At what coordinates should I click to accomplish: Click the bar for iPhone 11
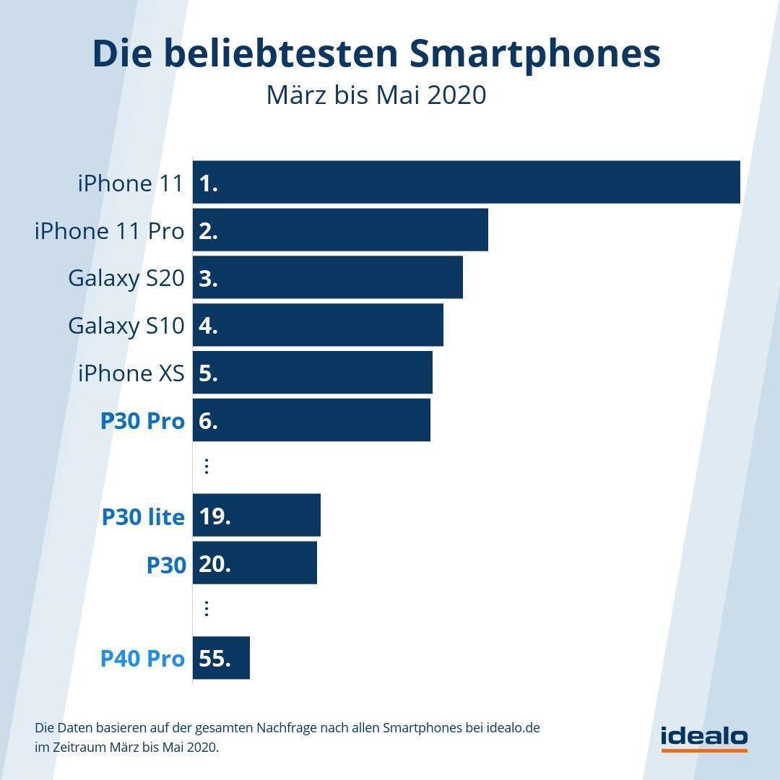pyautogui.click(x=467, y=182)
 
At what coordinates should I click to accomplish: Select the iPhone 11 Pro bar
pyautogui.click(x=340, y=230)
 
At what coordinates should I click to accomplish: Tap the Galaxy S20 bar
pyautogui.click(x=328, y=277)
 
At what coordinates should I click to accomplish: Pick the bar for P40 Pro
pyautogui.click(x=221, y=658)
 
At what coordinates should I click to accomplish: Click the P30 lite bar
pyautogui.click(x=256, y=516)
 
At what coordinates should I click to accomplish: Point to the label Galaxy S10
pyautogui.click(x=126, y=326)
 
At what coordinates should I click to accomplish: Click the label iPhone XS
pyautogui.click(x=131, y=373)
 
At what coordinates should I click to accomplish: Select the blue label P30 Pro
pyautogui.click(x=142, y=421)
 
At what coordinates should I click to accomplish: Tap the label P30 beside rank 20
pyautogui.click(x=166, y=565)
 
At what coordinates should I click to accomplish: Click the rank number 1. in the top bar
pyautogui.click(x=209, y=183)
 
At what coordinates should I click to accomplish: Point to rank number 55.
pyautogui.click(x=214, y=659)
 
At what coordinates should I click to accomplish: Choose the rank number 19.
pyautogui.click(x=214, y=516)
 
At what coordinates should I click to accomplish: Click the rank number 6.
pyautogui.click(x=209, y=421)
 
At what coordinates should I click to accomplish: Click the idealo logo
pyautogui.click(x=704, y=737)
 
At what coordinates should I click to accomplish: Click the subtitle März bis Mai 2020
pyautogui.click(x=376, y=95)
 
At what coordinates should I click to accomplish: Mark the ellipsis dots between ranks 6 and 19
pyautogui.click(x=207, y=467)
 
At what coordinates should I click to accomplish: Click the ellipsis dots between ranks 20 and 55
pyautogui.click(x=207, y=609)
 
